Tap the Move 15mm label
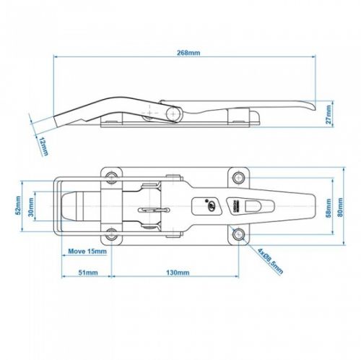(x=87, y=252)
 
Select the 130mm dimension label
(x=177, y=273)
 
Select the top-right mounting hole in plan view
(x=238, y=176)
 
